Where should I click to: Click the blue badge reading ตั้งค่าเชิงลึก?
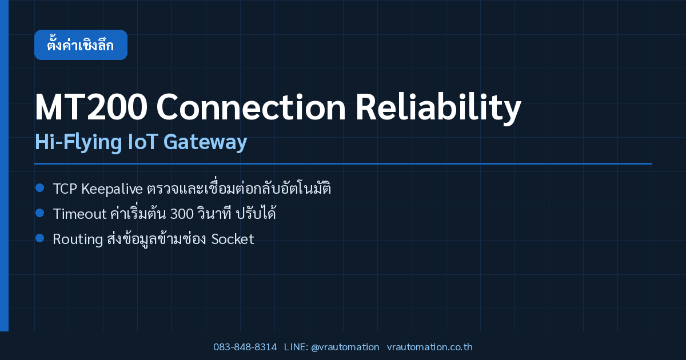[x=81, y=45]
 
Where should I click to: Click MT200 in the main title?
[x=91, y=107]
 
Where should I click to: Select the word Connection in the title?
[x=251, y=107]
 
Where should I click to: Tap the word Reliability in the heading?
[x=438, y=107]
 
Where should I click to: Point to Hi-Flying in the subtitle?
[x=78, y=142]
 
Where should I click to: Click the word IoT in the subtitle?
[x=142, y=142]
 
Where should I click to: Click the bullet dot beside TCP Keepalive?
[x=40, y=187]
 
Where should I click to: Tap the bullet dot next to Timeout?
[x=40, y=213]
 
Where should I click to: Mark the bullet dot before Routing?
[x=40, y=238]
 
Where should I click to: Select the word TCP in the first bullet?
[x=65, y=189]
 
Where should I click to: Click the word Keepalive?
[x=112, y=189]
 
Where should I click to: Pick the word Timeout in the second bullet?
[x=79, y=214]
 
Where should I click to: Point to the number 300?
[x=182, y=214]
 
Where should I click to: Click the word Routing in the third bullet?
[x=78, y=239]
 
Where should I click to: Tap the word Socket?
[x=233, y=239]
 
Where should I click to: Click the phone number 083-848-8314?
[x=245, y=347]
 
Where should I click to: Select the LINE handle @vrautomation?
[x=345, y=347]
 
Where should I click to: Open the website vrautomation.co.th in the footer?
[x=430, y=347]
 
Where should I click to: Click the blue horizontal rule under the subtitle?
[x=344, y=164]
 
